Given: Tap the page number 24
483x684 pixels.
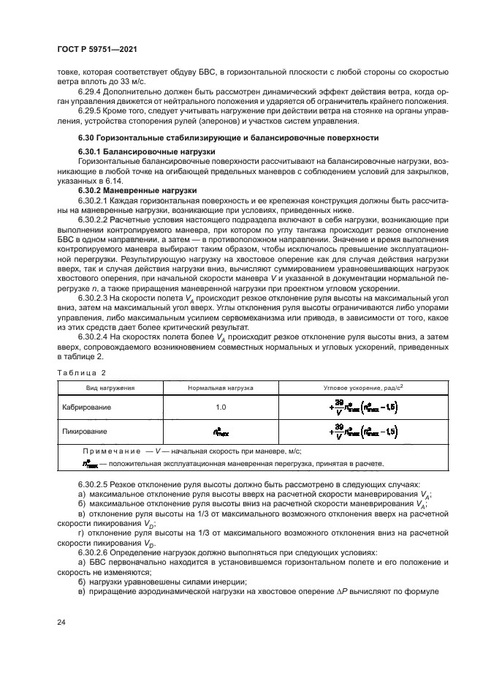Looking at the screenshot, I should [61, 622].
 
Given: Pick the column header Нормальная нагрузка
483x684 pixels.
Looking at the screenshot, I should [220, 388].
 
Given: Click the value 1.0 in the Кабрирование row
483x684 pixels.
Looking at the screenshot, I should [221, 406].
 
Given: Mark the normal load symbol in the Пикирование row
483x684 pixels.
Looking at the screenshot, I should [221, 432].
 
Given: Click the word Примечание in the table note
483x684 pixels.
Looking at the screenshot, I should [113, 451].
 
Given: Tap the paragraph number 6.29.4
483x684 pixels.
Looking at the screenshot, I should [91, 93].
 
